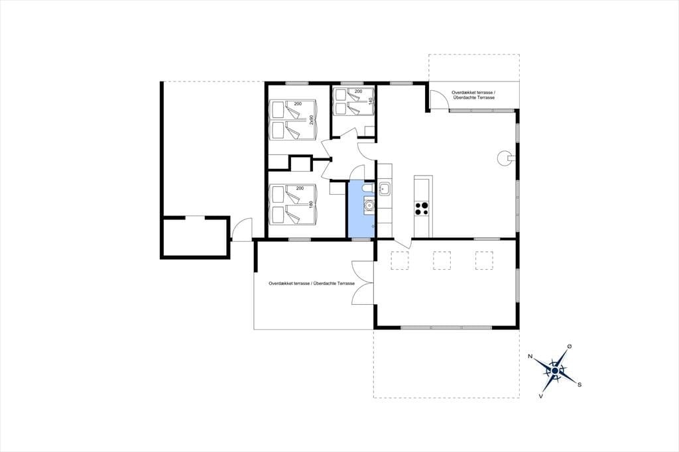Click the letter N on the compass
coord(530,357)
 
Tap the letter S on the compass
coord(580,384)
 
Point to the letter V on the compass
coord(541,396)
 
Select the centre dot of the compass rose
coord(555,371)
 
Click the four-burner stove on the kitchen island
coord(422,208)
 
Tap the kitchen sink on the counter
coord(385,189)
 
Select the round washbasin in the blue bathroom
coord(369,205)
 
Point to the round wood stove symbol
coord(505,158)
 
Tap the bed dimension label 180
coord(311,204)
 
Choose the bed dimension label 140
coord(371,101)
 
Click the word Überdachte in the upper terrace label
coord(463,98)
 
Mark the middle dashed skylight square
coord(442,260)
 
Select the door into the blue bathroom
coord(358,172)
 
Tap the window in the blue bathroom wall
coord(361,239)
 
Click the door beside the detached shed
coord(241,229)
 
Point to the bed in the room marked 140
coord(353,102)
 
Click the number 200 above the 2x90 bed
coord(298,104)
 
